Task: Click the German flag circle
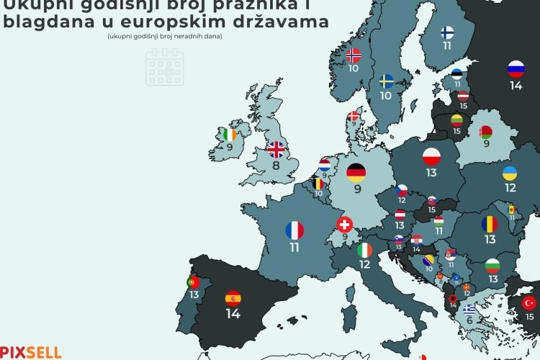click(x=356, y=172)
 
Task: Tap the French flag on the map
click(x=294, y=230)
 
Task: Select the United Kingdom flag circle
click(x=276, y=149)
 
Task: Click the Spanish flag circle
click(x=233, y=297)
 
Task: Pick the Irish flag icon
click(x=230, y=135)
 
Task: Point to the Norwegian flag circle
click(x=354, y=55)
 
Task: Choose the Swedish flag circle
click(x=387, y=80)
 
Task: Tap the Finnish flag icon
click(x=447, y=32)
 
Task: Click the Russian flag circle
click(x=516, y=69)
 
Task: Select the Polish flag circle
click(x=431, y=156)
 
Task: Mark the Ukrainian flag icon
click(x=509, y=173)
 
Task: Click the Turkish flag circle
click(x=530, y=302)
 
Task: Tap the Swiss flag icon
click(x=345, y=224)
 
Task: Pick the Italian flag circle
click(x=366, y=250)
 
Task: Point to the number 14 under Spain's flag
click(x=233, y=314)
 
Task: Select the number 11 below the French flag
click(x=294, y=247)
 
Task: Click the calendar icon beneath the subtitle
click(x=165, y=66)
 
